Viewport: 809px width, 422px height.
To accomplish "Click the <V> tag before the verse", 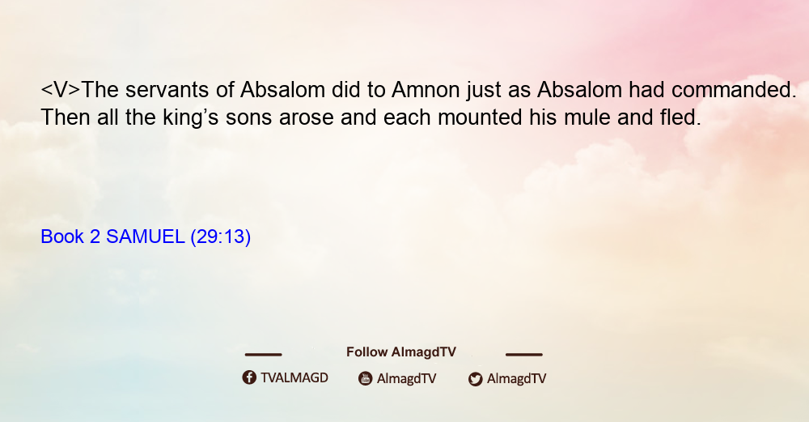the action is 61,91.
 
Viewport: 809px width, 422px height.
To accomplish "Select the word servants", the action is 167,91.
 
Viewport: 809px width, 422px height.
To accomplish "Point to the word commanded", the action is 734,91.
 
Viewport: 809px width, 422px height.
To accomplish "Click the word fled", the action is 680,117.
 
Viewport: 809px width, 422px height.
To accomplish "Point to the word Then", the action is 65,117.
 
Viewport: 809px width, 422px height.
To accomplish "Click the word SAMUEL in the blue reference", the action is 145,237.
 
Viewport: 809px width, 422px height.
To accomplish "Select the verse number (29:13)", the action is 221,237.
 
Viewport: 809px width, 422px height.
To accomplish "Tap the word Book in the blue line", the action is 62,237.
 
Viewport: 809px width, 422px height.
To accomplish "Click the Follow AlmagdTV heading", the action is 401,352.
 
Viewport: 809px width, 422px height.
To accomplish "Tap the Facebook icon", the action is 249,377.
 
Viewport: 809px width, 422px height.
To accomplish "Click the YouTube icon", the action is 366,378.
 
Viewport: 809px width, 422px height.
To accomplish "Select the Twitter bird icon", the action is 475,379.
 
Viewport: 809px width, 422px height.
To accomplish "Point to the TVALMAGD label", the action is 294,378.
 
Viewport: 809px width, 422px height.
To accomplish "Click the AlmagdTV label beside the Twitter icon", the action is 516,379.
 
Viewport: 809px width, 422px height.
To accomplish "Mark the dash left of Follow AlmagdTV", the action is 263,355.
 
